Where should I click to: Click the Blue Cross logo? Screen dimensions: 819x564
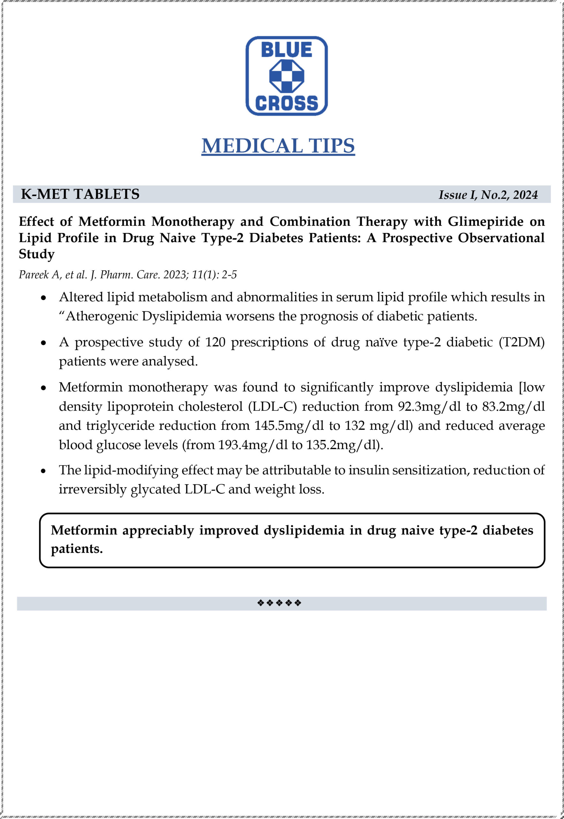click(286, 76)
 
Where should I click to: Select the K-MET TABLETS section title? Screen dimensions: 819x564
click(80, 194)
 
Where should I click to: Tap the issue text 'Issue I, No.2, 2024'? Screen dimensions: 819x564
click(488, 195)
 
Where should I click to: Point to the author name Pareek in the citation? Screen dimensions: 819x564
click(34, 275)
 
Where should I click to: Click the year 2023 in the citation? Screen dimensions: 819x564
click(176, 275)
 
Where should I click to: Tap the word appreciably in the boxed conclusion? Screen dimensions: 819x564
click(158, 530)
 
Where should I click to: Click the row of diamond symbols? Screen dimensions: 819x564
click(279, 603)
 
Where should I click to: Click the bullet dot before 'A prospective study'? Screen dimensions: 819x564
click(43, 343)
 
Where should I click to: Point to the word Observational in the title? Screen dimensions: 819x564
click(501, 238)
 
